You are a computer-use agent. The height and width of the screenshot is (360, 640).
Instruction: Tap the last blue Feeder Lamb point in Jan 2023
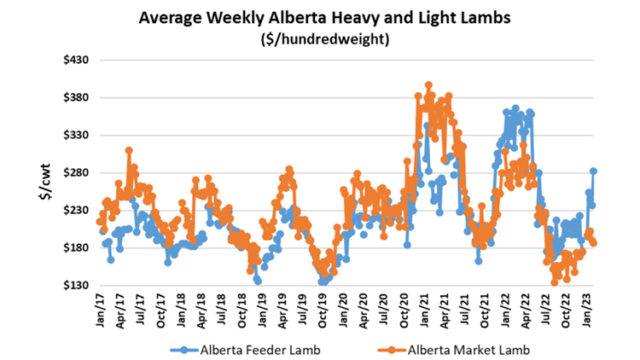point(593,171)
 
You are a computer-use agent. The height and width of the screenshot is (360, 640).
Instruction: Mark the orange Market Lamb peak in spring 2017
point(128,150)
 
